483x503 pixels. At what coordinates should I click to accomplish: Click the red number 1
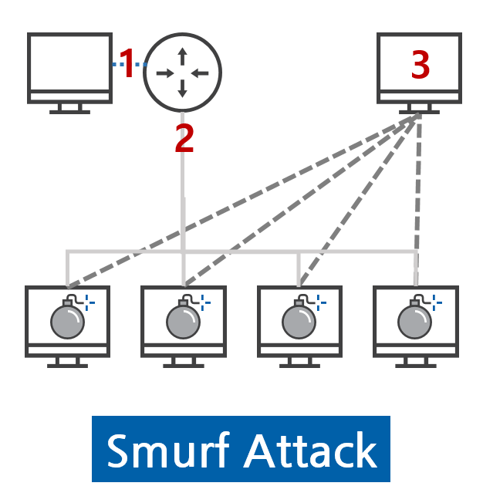[128, 64]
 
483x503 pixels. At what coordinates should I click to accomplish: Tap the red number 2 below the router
[184, 138]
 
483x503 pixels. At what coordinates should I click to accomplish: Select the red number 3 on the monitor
[420, 66]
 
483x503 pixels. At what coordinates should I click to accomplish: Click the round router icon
[182, 73]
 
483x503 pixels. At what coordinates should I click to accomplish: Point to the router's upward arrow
[182, 56]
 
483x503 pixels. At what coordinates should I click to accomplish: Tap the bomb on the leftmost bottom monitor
[66, 320]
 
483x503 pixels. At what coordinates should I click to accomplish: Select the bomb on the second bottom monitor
[182, 320]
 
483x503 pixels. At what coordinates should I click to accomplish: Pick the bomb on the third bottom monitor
[299, 320]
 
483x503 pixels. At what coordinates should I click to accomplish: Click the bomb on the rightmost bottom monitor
[414, 320]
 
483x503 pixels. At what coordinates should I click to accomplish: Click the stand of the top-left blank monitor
[69, 109]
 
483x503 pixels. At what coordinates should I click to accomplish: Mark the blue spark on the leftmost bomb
[90, 302]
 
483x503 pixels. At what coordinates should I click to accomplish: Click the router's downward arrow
[182, 89]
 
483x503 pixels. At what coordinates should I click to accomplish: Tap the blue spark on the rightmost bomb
[437, 302]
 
